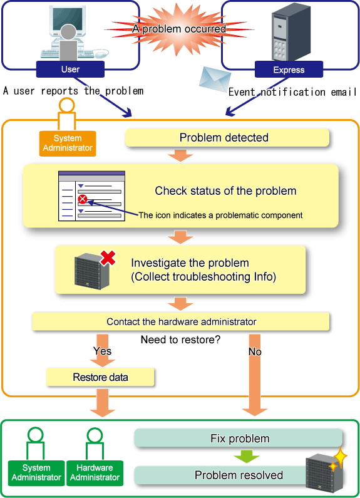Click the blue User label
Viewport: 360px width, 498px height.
pos(70,70)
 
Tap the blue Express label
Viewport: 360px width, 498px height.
pos(289,70)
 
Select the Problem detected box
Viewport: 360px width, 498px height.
pos(227,138)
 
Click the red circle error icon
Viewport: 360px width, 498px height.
pos(83,199)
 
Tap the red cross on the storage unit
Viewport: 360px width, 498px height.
pos(108,257)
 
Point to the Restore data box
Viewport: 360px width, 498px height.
pos(100,377)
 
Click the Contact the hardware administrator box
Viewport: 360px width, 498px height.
pos(181,322)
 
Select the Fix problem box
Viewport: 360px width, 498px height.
pos(239,438)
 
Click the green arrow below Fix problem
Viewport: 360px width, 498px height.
pos(246,456)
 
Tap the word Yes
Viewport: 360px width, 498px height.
pos(102,351)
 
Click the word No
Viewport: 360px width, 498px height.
pos(255,351)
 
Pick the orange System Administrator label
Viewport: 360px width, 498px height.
pos(68,143)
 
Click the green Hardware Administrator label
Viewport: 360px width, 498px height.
pos(95,473)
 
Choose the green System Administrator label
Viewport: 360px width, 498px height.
pos(36,473)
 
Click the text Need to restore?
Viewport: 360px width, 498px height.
pos(180,340)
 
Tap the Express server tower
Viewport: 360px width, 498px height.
pos(291,33)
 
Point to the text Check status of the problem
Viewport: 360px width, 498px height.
pos(225,191)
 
